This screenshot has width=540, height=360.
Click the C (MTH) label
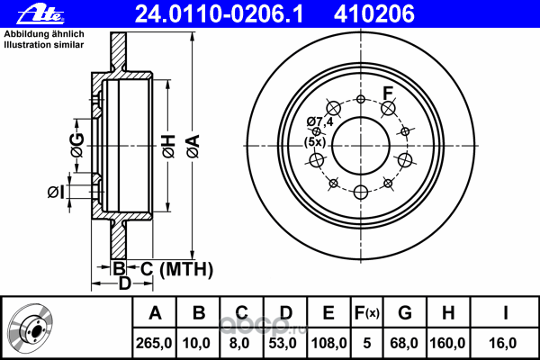coord(175,267)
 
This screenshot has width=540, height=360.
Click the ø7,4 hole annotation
coord(320,121)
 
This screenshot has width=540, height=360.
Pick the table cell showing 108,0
coord(328,342)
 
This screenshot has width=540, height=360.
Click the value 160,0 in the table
coord(446,342)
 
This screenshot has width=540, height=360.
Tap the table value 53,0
coord(285,342)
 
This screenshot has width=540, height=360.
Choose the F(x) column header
coord(366,314)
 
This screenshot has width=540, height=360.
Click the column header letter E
coord(328,314)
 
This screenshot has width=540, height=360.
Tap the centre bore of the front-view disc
coord(361,144)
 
